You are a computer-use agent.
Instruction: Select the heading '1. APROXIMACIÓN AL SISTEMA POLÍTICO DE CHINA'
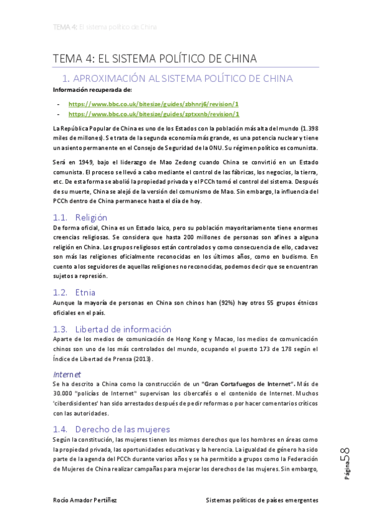(x=178, y=79)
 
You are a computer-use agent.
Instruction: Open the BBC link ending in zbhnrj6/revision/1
(x=153, y=104)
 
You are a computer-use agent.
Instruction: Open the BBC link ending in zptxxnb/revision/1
(x=153, y=114)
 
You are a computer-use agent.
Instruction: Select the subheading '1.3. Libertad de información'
(x=111, y=329)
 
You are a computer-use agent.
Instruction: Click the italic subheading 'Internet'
(x=67, y=374)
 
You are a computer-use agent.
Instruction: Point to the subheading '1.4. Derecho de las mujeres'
(x=111, y=429)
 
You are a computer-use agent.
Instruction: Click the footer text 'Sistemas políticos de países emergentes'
(x=262, y=500)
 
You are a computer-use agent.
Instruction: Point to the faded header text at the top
(x=105, y=27)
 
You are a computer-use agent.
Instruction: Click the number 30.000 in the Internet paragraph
(x=64, y=394)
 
